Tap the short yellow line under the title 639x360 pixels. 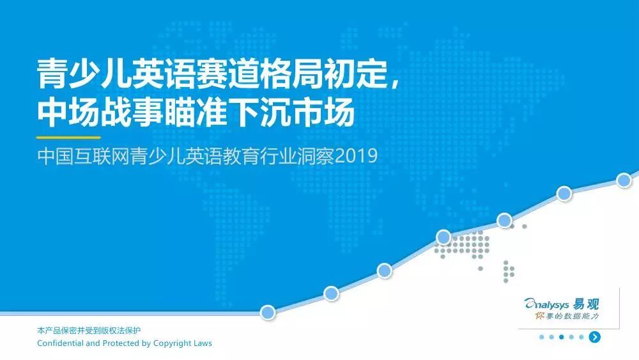tap(68, 138)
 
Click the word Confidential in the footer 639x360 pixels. tap(60, 343)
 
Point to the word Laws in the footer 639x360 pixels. tap(203, 343)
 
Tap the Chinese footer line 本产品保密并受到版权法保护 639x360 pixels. tap(89, 331)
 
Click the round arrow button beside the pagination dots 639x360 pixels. tap(594, 337)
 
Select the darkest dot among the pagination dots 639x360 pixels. tap(561, 337)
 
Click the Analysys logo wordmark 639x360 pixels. tap(546, 304)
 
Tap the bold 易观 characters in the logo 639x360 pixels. tap(585, 304)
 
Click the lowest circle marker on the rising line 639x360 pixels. tap(268, 313)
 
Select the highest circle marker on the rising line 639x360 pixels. tap(624, 180)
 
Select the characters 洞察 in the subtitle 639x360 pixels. tap(316, 156)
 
